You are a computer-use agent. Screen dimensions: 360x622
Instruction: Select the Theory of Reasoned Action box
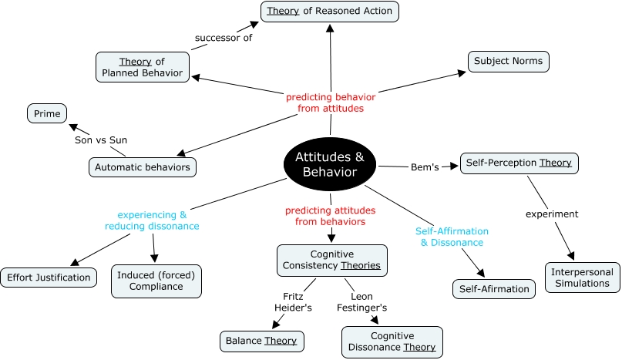(x=329, y=11)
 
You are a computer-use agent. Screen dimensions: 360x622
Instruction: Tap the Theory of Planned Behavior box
(x=143, y=66)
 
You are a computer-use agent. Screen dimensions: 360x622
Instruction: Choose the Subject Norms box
(x=508, y=61)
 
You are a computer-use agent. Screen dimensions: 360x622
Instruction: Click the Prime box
(x=47, y=113)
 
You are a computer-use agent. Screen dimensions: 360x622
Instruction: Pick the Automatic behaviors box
(x=143, y=166)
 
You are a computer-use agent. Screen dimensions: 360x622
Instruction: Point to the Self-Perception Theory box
(x=519, y=163)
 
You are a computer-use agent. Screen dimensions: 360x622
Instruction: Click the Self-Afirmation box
(x=493, y=289)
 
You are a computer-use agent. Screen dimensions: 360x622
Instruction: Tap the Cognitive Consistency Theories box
(x=331, y=261)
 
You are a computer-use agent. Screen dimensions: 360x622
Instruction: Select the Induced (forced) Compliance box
(x=156, y=281)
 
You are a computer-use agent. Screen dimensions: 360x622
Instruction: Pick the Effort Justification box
(x=49, y=278)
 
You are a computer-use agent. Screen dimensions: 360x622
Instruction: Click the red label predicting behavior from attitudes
(x=331, y=103)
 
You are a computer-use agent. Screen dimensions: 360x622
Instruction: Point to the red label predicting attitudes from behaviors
(x=331, y=216)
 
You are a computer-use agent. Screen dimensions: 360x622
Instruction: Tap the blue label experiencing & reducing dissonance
(x=153, y=220)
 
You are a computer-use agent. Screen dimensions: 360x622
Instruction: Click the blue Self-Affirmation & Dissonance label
(x=452, y=237)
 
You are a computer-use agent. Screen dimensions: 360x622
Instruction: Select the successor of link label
(x=224, y=37)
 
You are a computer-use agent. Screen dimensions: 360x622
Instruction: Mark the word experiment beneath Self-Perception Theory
(x=553, y=214)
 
